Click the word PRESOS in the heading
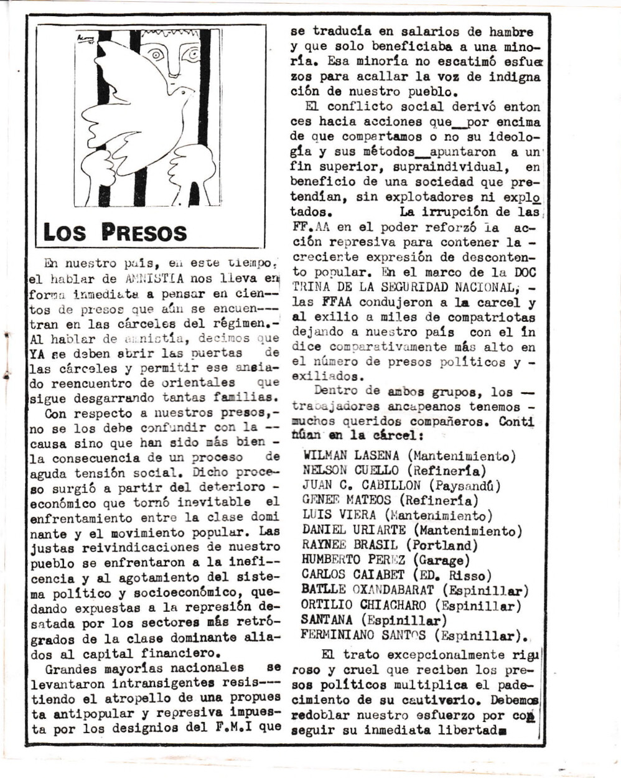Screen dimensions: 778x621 click(x=144, y=232)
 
